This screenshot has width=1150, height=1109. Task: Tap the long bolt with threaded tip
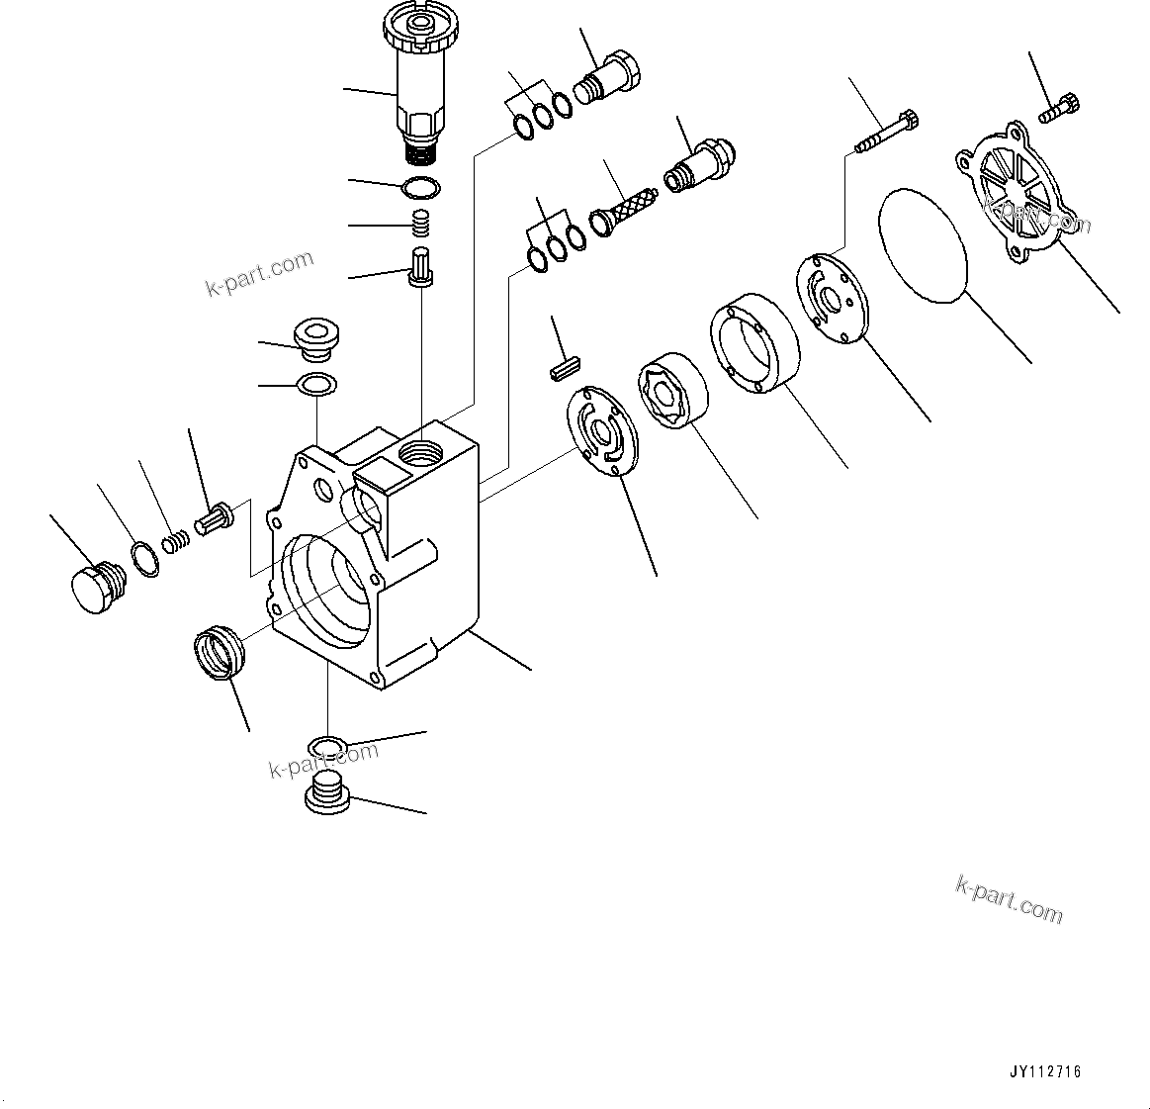point(886,132)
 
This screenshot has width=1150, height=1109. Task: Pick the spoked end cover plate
point(1017,194)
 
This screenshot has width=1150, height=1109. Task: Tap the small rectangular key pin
point(562,369)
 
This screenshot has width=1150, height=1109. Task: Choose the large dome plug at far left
point(95,584)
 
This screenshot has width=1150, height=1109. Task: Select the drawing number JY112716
point(1045,1071)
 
